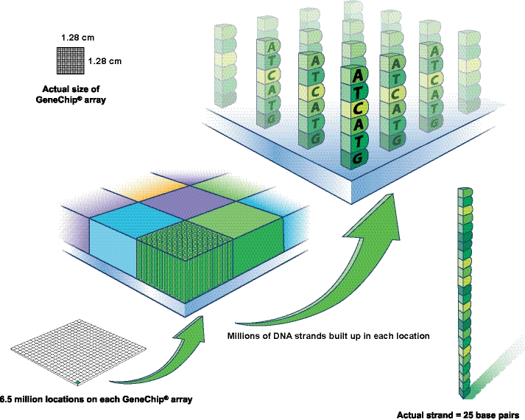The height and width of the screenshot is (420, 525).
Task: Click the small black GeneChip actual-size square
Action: pos(70,61)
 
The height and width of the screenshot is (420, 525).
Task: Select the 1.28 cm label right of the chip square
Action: pos(104,61)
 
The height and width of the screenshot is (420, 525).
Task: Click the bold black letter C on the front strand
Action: pos(356,108)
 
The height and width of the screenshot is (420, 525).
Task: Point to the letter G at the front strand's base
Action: pos(356,156)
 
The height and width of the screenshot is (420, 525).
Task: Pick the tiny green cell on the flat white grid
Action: pos(77,382)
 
